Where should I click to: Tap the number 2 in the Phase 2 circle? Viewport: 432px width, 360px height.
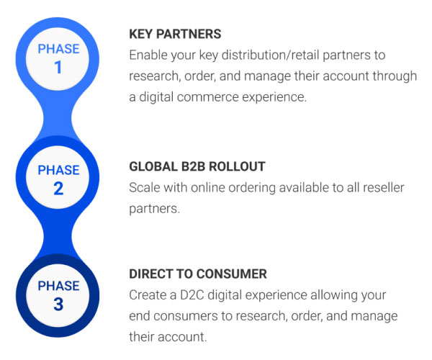coord(58,189)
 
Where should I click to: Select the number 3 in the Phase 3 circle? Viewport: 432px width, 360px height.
coord(58,304)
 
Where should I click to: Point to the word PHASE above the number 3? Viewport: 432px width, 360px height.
coord(58,285)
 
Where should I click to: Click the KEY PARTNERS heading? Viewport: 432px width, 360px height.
coord(175,34)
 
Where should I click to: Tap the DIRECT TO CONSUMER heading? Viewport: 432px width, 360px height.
coord(198,274)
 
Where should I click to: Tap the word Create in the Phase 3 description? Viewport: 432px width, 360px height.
coord(148,295)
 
